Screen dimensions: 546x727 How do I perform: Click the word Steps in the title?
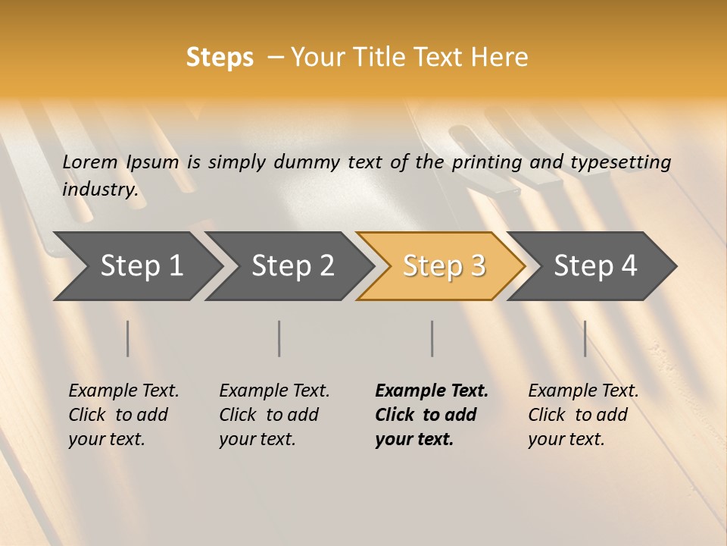point(220,58)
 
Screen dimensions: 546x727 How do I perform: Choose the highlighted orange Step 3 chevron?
point(444,265)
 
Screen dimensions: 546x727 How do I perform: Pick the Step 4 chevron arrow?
point(595,265)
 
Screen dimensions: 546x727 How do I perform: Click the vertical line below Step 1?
point(127,338)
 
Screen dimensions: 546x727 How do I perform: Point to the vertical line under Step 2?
point(279,338)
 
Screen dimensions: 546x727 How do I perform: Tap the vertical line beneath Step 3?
point(432,338)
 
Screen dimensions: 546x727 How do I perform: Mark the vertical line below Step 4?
point(585,338)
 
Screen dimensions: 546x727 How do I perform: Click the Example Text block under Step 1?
point(123,415)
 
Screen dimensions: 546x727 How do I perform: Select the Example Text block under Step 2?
point(273,415)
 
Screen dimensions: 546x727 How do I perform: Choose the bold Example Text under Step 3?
point(431,415)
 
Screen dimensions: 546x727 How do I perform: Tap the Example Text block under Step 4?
point(582,415)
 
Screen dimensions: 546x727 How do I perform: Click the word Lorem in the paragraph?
point(89,162)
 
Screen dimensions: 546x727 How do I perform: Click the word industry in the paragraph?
point(99,189)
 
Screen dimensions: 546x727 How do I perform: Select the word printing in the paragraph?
point(487,162)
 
